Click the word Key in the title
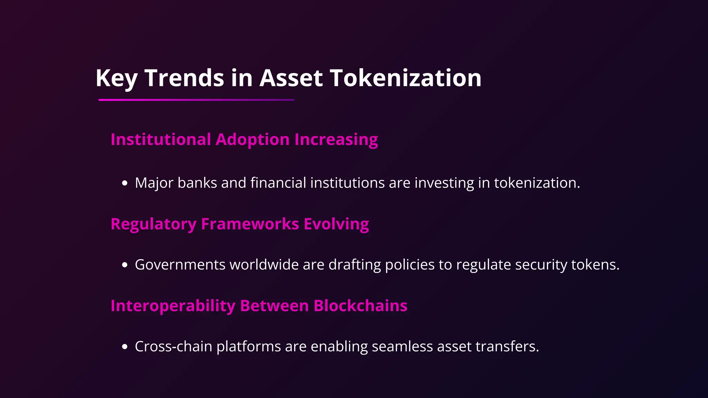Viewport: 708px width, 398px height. coord(116,78)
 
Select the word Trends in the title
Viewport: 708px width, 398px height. coord(184,78)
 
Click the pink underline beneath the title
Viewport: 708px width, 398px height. coord(196,100)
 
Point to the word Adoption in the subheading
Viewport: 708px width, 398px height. coord(252,140)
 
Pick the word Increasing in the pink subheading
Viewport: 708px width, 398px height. coord(336,140)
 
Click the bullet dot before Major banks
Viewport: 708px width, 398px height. coord(125,183)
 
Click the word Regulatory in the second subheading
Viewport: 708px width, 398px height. coord(153,224)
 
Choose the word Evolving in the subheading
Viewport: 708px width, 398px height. coord(336,224)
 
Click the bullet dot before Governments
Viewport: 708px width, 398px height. coord(125,265)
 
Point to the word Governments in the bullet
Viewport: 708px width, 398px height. coord(180,265)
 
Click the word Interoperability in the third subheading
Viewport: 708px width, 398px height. coord(173,306)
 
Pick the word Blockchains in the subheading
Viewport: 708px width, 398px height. coord(360,306)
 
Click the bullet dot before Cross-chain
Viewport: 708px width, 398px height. coord(125,347)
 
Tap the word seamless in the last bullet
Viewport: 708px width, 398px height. coord(402,347)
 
